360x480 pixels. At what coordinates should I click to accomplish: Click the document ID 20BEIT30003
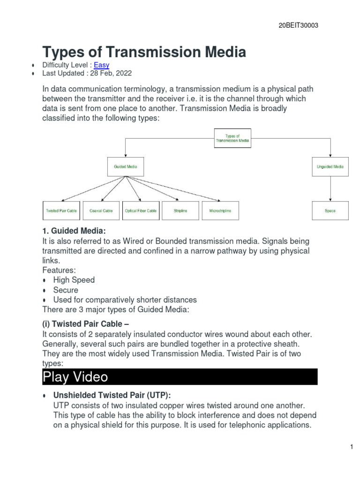298,26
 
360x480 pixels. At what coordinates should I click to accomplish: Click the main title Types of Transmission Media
144,52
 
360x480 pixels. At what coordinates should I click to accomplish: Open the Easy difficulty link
101,65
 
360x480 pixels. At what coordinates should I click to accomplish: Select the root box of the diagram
232,138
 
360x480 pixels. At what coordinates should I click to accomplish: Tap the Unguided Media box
330,166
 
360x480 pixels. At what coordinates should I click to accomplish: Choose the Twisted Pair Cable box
61,211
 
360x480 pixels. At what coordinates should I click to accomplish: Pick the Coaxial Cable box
101,211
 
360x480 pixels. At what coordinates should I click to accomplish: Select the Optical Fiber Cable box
141,211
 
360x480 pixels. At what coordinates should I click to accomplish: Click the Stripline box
180,211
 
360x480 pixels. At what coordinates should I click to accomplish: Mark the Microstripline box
220,211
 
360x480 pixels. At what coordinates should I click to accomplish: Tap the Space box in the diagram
330,211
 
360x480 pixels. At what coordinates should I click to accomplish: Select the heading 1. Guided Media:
74,231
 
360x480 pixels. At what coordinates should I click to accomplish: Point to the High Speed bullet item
74,280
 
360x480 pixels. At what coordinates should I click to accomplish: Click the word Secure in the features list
66,290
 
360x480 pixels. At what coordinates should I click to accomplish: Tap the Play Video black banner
180,376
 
